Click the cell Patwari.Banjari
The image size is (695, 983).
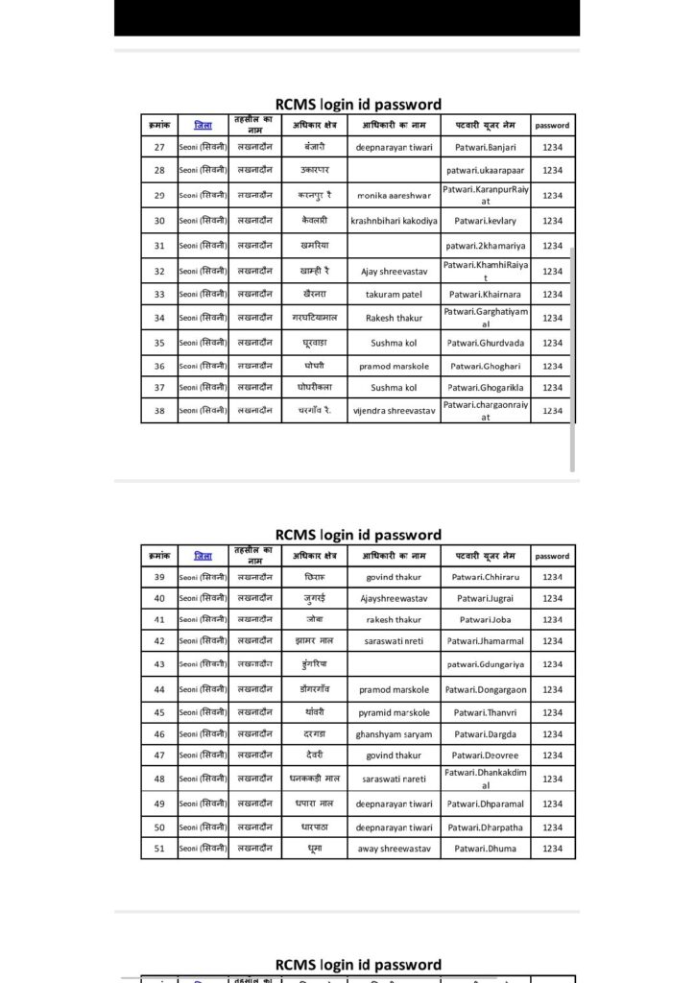coord(485,148)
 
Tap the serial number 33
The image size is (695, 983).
coord(159,295)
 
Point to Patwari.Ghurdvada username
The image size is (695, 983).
coord(485,343)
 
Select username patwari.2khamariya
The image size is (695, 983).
coord(485,246)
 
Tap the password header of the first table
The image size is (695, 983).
coord(552,126)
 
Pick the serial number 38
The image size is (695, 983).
coord(159,411)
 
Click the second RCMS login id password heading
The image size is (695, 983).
coord(358,535)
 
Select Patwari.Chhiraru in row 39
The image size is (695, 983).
coord(485,578)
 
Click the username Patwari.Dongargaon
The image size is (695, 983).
coord(485,690)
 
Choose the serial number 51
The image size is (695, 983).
coord(159,849)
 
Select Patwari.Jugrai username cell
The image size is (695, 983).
coord(485,598)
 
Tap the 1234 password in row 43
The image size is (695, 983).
coord(552,664)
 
